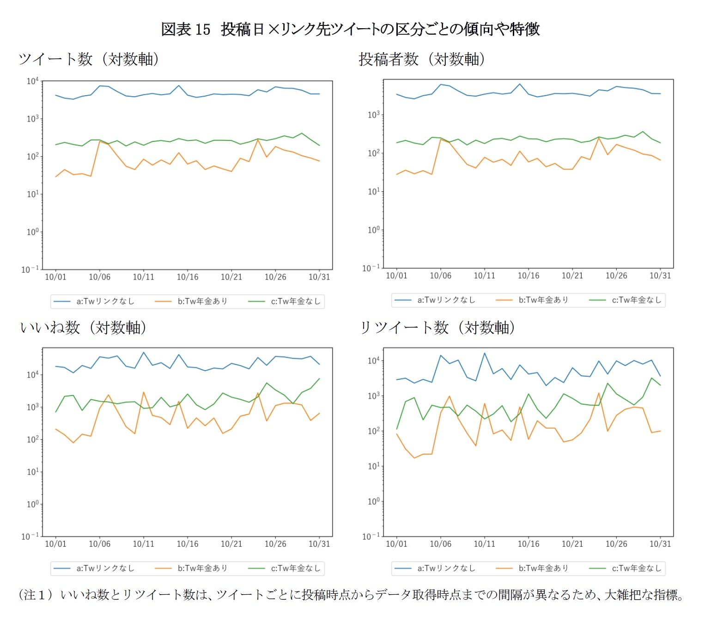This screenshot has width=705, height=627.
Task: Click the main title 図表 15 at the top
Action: pos(185,30)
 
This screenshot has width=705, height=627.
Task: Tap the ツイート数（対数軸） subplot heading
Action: pos(88,59)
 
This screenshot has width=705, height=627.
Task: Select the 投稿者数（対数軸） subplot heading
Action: pos(421,59)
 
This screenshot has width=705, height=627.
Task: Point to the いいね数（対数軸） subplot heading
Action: pos(83,328)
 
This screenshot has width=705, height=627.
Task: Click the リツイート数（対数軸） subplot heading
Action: pos(437,328)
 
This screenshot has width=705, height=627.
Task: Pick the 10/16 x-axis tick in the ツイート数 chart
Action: pos(188,277)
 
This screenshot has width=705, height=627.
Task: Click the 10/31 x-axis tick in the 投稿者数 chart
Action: pos(660,276)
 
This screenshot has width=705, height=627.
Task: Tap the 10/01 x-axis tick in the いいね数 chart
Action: pos(55,544)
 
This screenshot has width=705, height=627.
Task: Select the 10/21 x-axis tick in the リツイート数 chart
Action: pos(572,544)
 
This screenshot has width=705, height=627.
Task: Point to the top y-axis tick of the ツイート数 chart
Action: pos(32,81)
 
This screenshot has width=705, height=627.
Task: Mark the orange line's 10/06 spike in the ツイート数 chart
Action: pos(99,141)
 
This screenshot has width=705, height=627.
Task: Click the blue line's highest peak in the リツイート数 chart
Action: pos(485,353)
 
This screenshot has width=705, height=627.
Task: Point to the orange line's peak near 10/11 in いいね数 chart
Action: pos(143,392)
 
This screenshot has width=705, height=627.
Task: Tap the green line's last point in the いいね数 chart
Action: pos(319,379)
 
